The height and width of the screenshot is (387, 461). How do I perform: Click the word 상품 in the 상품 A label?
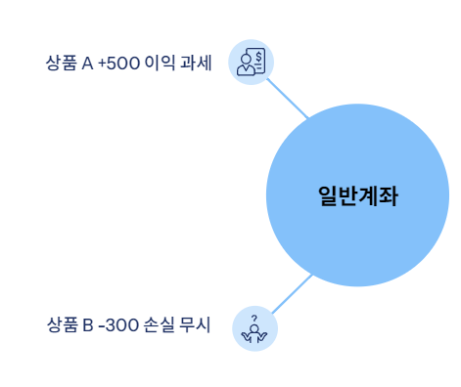61,64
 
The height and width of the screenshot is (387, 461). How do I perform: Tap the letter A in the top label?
87,64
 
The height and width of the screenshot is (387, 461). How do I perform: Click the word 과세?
196,64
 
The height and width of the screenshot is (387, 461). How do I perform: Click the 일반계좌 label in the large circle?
357,195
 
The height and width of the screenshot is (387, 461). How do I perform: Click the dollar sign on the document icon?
258,57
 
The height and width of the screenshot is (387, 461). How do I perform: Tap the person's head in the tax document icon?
245,61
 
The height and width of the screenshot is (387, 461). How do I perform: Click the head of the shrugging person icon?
254,329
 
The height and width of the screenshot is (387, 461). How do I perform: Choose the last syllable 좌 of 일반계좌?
388,195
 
